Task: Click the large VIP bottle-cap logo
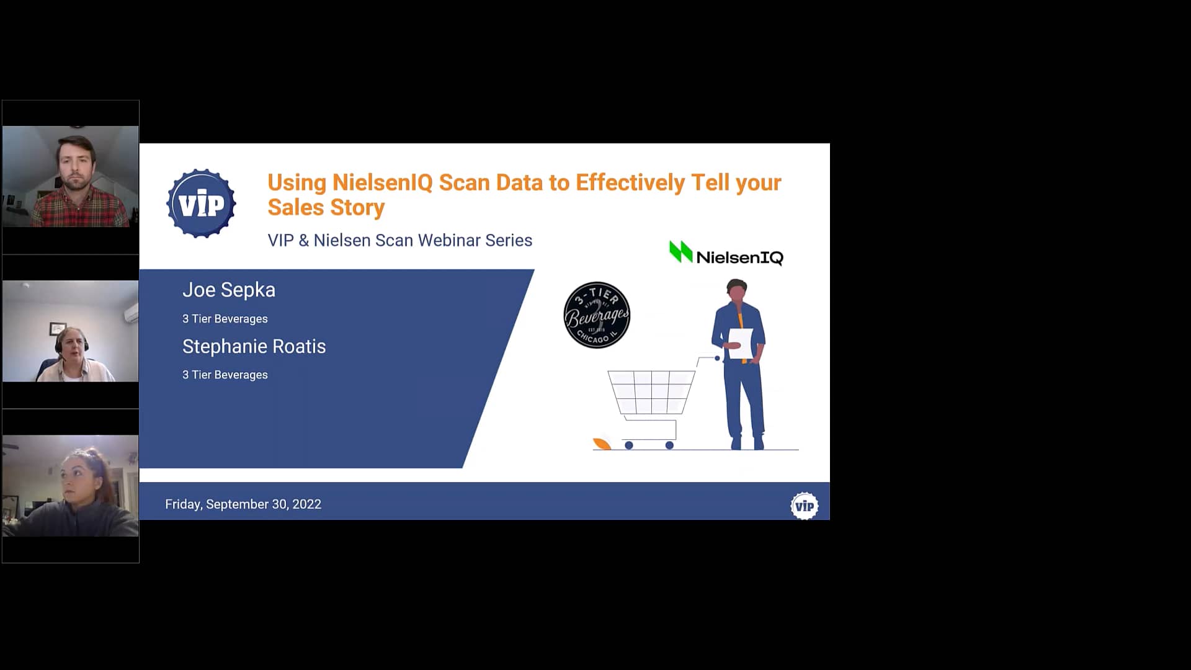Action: (x=201, y=203)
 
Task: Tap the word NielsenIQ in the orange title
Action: (x=382, y=182)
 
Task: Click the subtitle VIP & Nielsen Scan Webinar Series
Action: (x=399, y=240)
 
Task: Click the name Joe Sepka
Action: (x=228, y=290)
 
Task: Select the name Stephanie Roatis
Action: (x=254, y=346)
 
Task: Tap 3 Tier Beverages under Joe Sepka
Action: (x=225, y=319)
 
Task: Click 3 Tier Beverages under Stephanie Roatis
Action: (x=225, y=375)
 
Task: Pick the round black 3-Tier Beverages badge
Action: (x=597, y=315)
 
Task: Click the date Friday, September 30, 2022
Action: (x=243, y=504)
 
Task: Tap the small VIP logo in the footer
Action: (x=804, y=506)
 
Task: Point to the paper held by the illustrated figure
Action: (x=741, y=343)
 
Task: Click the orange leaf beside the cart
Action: (x=601, y=443)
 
